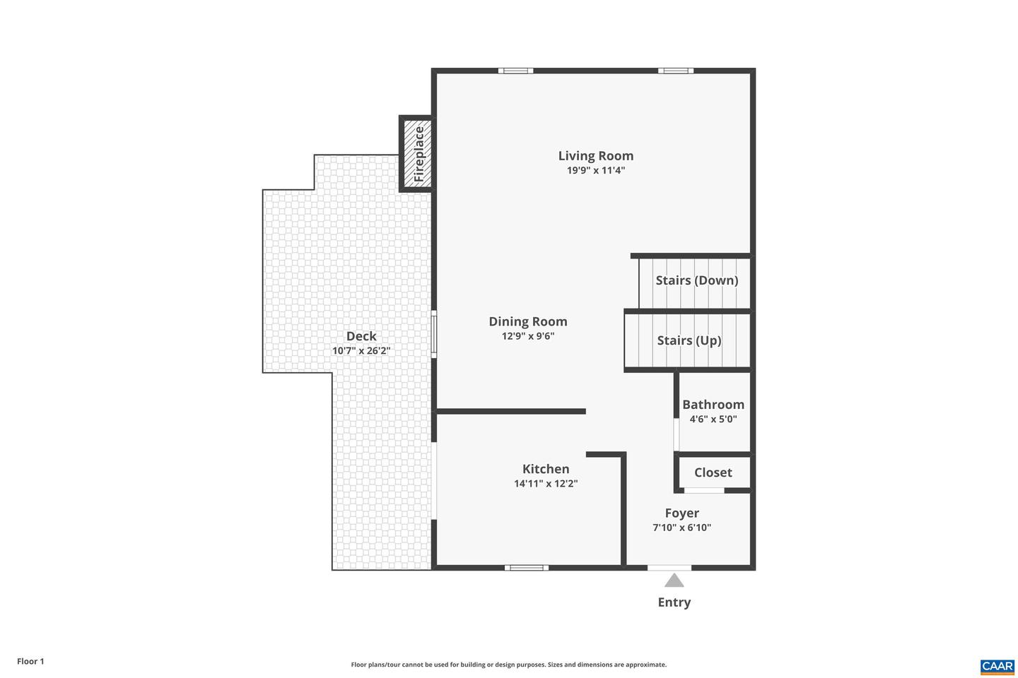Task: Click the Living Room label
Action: tap(595, 156)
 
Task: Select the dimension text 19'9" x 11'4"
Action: tap(595, 170)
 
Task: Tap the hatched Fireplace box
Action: tap(416, 154)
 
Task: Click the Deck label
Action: tap(361, 336)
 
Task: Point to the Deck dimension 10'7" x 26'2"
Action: tap(361, 351)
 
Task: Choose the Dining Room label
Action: tap(527, 321)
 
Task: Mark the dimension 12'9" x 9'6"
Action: tap(527, 336)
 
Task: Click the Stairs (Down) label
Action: tap(696, 280)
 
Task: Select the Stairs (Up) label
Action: tap(689, 340)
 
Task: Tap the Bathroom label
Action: tap(713, 405)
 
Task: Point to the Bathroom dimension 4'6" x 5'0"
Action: tap(713, 419)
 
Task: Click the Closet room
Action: tap(713, 472)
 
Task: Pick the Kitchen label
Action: tap(545, 469)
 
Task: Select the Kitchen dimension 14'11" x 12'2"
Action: tap(545, 484)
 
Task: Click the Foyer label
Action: tap(681, 513)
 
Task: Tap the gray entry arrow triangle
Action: tap(674, 581)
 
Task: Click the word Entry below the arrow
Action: tap(674, 602)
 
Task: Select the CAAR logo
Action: tap(997, 666)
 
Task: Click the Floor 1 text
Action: tap(30, 662)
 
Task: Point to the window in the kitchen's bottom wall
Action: tap(526, 567)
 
